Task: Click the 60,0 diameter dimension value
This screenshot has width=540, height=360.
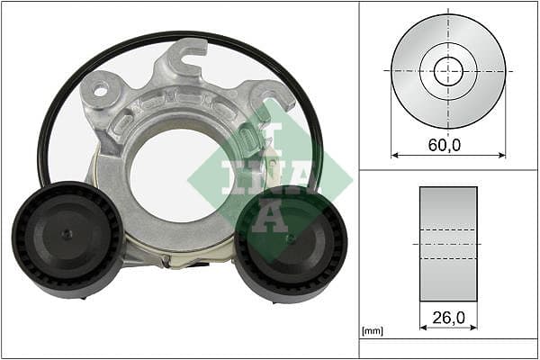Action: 445,145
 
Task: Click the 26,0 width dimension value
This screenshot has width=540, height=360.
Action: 448,318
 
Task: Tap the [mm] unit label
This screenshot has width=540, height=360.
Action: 373,331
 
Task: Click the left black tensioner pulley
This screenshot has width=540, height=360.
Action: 67,239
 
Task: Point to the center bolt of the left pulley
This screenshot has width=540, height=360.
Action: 67,234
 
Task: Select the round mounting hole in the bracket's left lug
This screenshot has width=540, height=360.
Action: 100,91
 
